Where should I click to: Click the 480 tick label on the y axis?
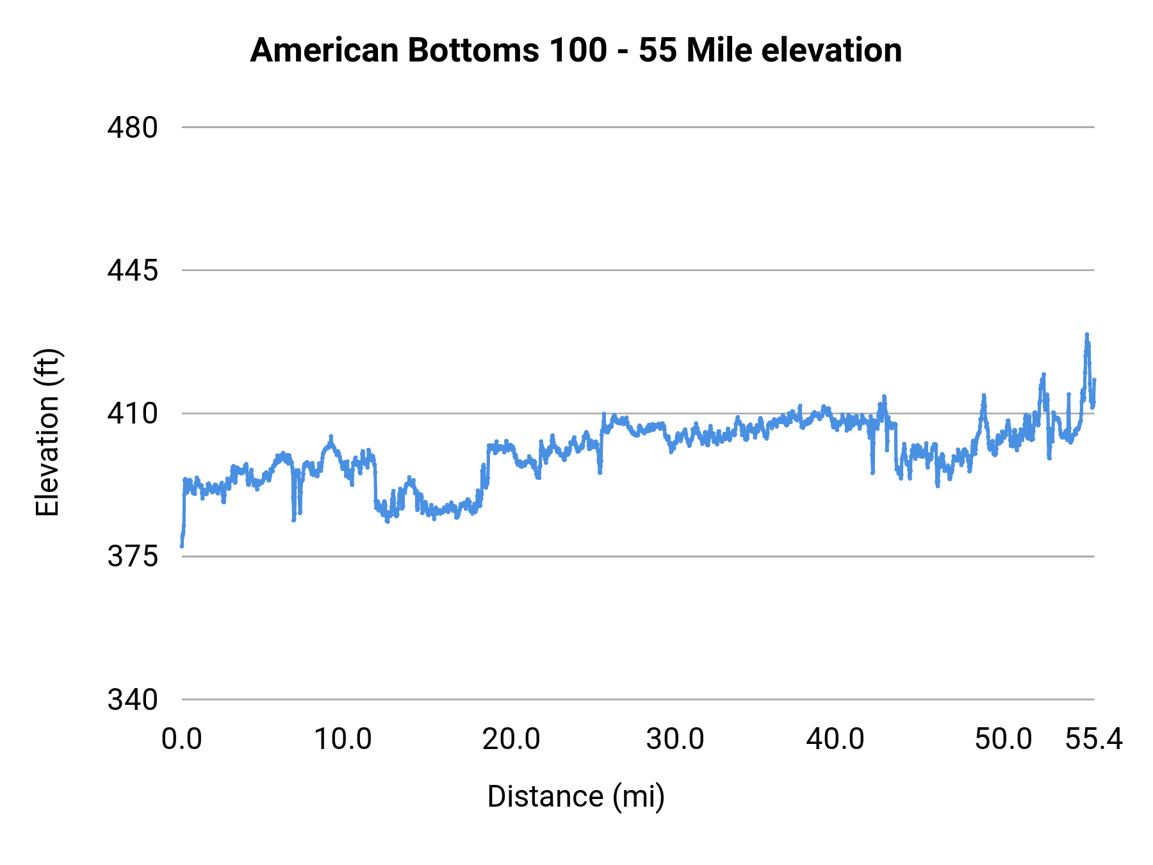tap(132, 128)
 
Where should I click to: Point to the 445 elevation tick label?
tap(132, 270)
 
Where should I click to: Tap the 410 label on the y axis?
tap(132, 413)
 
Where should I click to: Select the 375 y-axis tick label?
tap(132, 556)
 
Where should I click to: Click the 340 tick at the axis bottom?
tap(132, 700)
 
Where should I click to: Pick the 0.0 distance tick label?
tap(182, 739)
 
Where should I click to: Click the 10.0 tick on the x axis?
tap(343, 739)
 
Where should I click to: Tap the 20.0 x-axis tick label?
tap(511, 739)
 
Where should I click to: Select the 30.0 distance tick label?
tap(675, 739)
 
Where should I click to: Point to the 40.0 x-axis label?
tap(835, 739)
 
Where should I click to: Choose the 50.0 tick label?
tap(1004, 739)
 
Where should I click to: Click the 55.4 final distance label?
tap(1094, 739)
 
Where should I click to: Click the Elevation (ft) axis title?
tap(47, 432)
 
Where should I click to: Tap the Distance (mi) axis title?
tap(576, 796)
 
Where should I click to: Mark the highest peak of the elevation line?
tap(1086, 334)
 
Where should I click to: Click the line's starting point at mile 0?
tap(182, 546)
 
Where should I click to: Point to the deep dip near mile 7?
tap(293, 520)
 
